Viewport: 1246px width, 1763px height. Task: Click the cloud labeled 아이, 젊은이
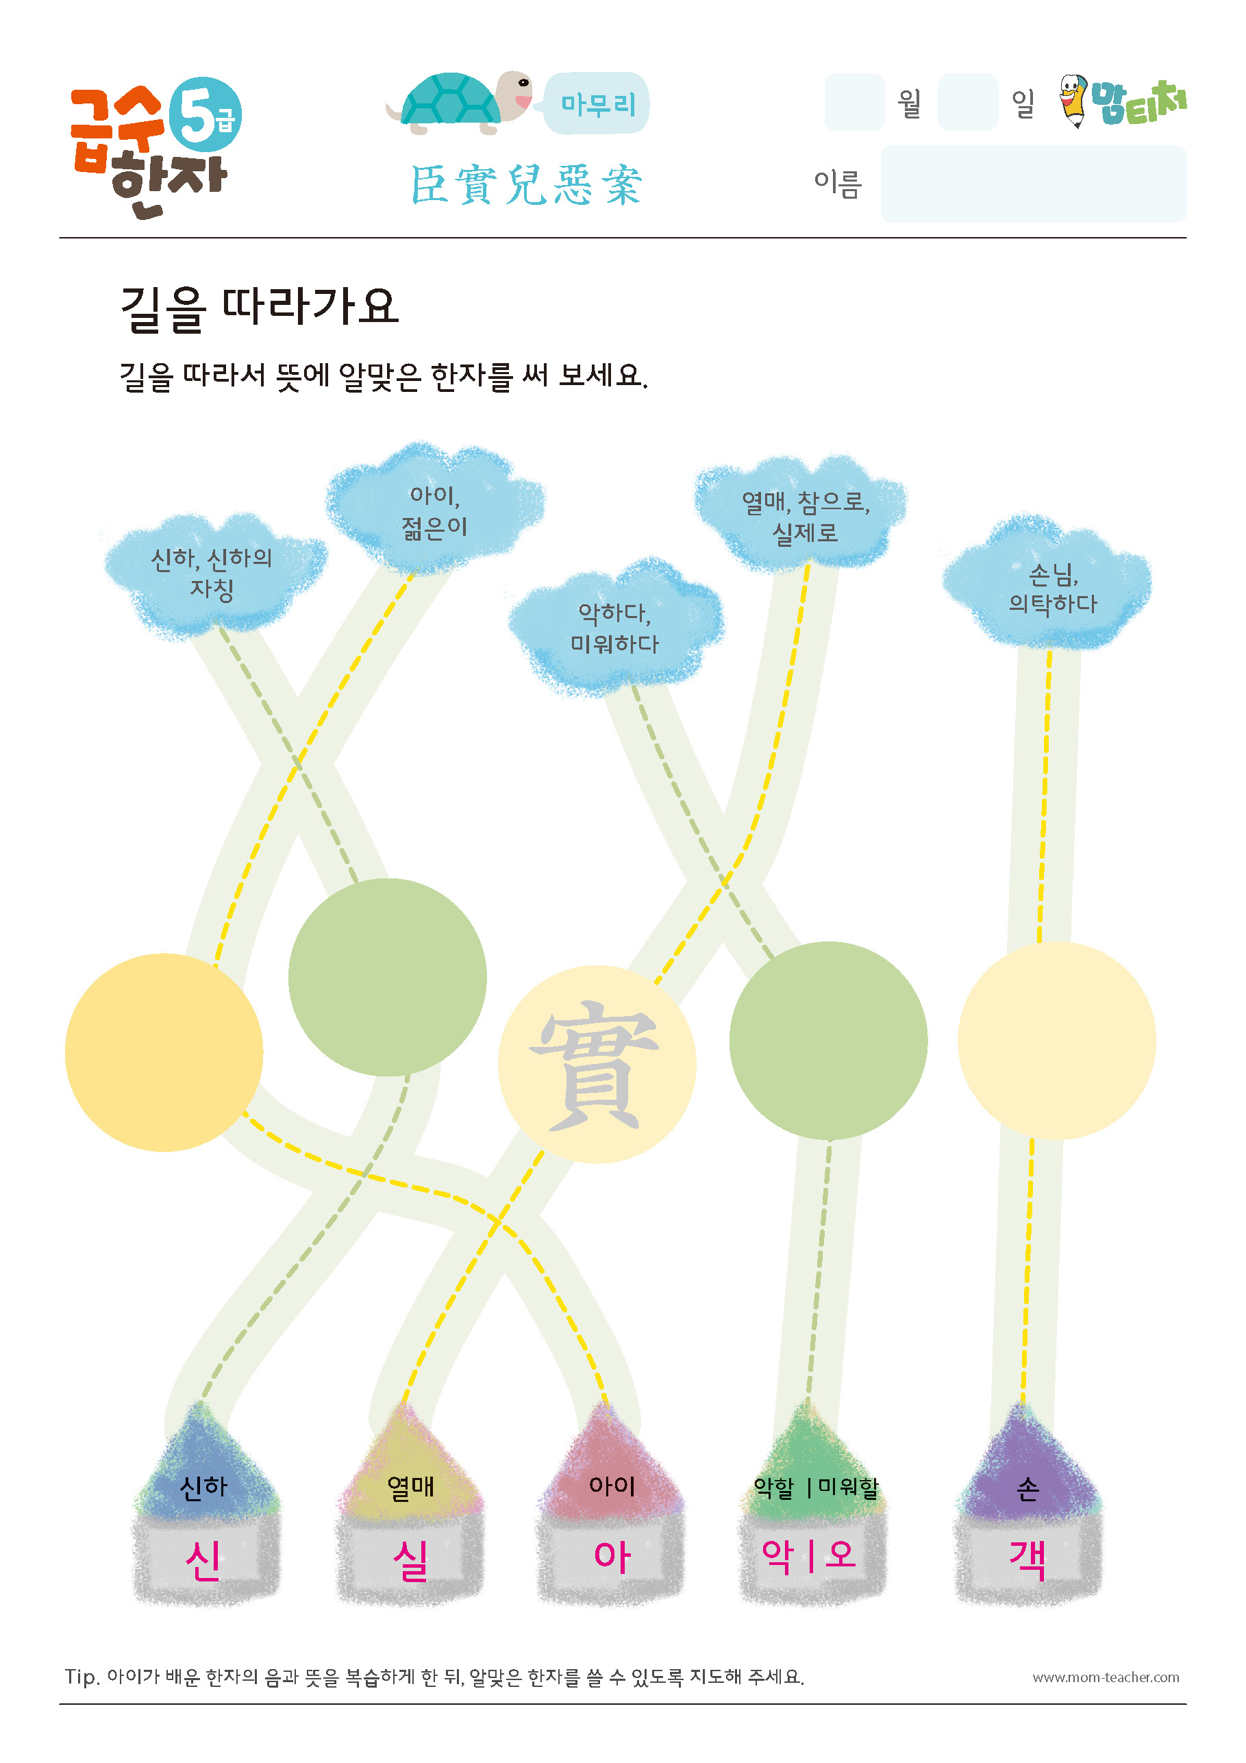coord(434,509)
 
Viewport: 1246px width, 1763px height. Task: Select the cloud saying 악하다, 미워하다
coord(615,628)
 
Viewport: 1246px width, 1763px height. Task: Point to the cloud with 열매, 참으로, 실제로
coord(801,515)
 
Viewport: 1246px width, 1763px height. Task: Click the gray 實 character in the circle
coord(594,1064)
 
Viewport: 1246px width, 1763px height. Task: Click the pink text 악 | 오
coord(808,1555)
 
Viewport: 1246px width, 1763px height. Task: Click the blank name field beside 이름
coord(1034,184)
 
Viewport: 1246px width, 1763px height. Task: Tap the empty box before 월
coord(854,102)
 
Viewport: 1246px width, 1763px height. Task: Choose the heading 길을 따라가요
coord(260,308)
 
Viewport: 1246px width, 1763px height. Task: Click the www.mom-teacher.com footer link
coord(1106,1677)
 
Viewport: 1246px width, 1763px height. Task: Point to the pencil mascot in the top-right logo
coord(1073,100)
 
